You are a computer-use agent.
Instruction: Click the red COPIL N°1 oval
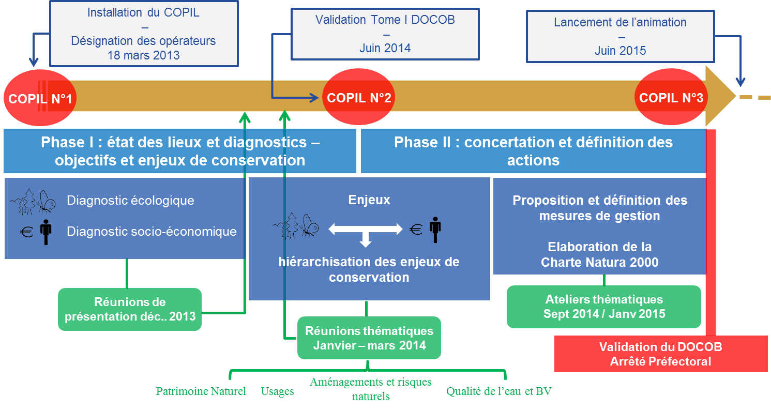[x=40, y=98]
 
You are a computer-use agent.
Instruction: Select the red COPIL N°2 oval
[x=359, y=97]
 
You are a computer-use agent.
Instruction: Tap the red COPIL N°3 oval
[x=671, y=97]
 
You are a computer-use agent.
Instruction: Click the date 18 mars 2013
[x=144, y=55]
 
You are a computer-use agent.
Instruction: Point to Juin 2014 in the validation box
[x=385, y=48]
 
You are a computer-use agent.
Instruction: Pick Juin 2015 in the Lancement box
[x=620, y=51]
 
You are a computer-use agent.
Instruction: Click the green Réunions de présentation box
[x=130, y=309]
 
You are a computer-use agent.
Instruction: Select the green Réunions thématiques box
[x=369, y=338]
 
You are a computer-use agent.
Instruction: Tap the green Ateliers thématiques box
[x=604, y=307]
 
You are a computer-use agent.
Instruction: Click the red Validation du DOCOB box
[x=661, y=354]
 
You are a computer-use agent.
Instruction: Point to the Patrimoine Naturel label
[x=201, y=391]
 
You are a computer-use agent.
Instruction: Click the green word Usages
[x=277, y=391]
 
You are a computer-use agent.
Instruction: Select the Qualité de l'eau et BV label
[x=498, y=391]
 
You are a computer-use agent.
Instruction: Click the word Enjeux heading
[x=369, y=200]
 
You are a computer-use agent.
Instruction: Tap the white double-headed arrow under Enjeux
[x=366, y=229]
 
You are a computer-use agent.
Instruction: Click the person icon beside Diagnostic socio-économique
[x=46, y=232]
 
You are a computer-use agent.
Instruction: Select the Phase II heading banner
[x=533, y=151]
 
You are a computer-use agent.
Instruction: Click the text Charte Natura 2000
[x=600, y=262]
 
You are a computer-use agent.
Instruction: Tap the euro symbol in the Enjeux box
[x=416, y=229]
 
